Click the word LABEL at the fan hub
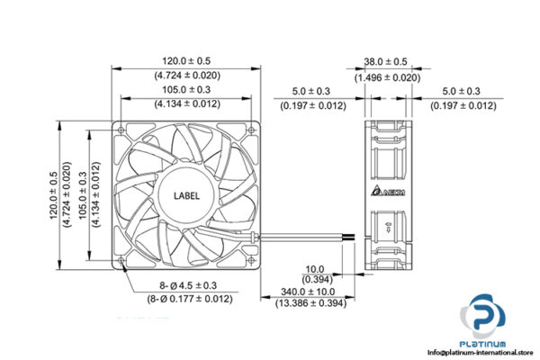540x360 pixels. (186, 192)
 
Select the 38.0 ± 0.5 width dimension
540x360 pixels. (386, 62)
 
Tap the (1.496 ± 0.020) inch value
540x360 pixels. (386, 77)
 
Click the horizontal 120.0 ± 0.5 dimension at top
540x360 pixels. (186, 62)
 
